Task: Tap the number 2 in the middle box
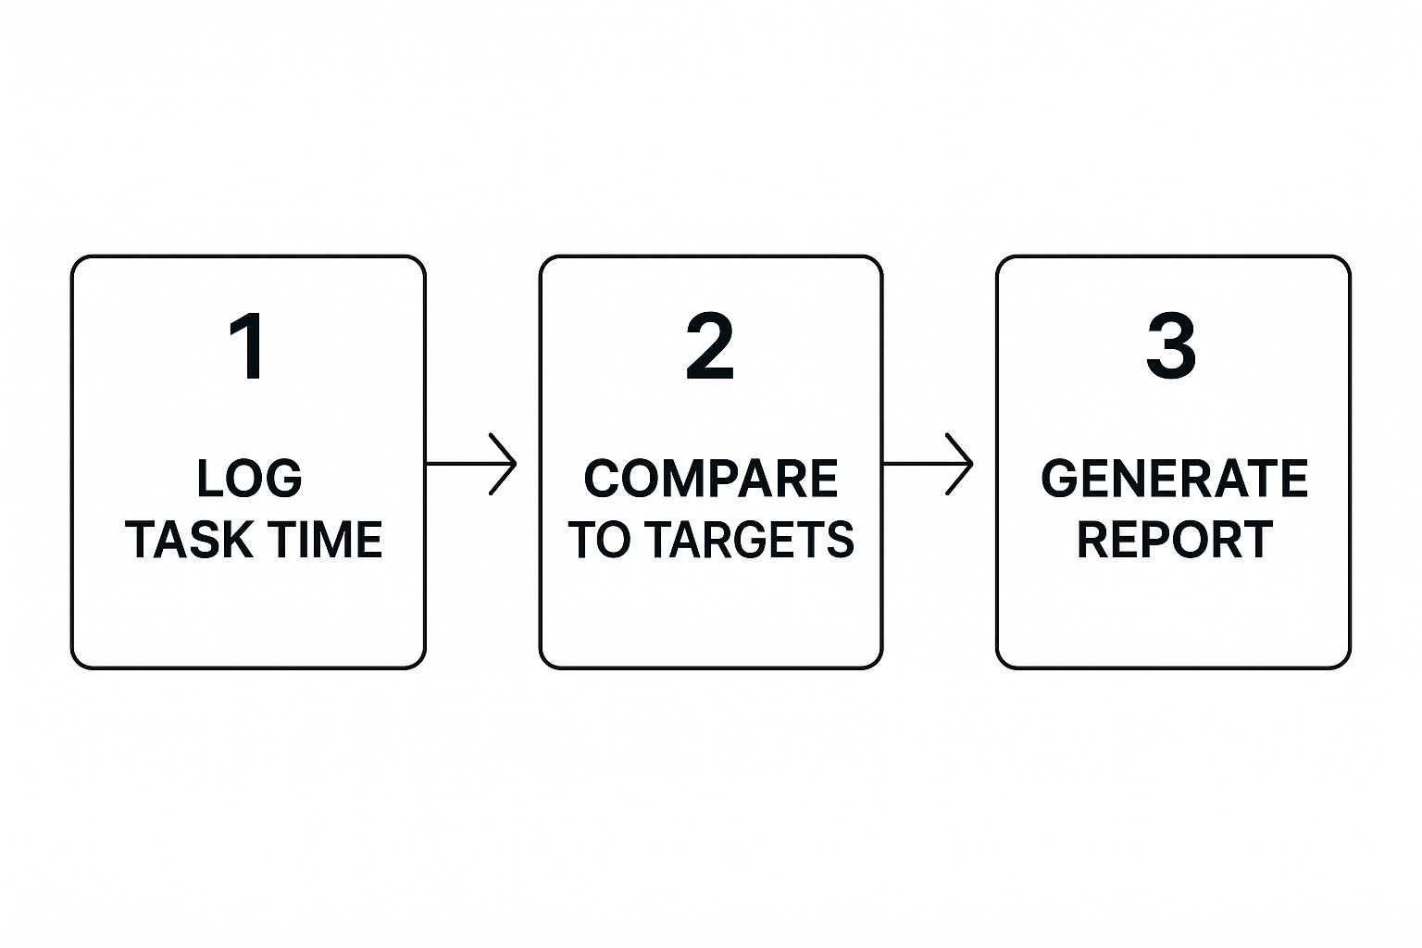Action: (710, 346)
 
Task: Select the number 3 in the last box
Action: (1171, 346)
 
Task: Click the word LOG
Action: (249, 478)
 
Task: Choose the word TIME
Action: (325, 539)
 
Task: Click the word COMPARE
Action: (710, 478)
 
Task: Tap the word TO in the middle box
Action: (603, 539)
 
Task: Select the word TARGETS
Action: (753, 539)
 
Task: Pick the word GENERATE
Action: (1175, 478)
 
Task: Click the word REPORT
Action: (1175, 539)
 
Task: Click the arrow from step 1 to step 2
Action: (471, 464)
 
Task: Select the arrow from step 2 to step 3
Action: (928, 464)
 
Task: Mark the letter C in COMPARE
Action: (603, 478)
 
